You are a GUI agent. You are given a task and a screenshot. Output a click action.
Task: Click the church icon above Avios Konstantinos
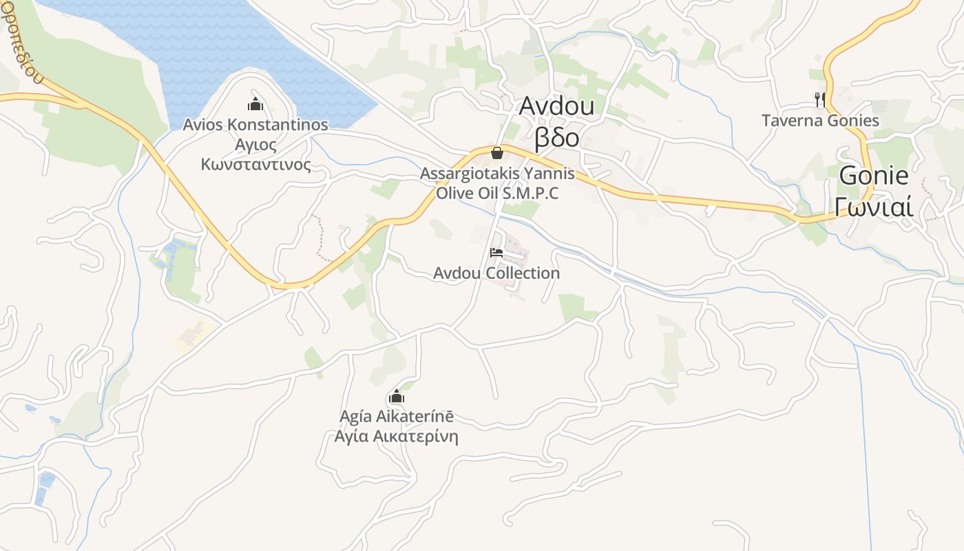(x=255, y=105)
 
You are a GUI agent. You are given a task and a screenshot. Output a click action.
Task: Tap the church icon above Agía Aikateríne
(x=396, y=397)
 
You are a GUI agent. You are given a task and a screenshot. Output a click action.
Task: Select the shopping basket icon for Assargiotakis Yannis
(x=497, y=152)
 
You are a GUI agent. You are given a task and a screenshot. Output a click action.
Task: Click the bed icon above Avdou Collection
(x=496, y=253)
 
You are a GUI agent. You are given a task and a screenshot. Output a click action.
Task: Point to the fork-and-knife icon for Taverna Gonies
(x=819, y=100)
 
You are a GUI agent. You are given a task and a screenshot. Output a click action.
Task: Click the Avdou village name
(x=556, y=107)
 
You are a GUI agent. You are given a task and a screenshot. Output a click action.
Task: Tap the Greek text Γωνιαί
(x=873, y=206)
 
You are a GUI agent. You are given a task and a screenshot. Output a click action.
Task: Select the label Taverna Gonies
(x=820, y=121)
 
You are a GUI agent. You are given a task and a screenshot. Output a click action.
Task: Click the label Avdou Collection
(x=496, y=273)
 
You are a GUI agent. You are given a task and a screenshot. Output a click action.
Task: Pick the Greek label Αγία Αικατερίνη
(x=396, y=437)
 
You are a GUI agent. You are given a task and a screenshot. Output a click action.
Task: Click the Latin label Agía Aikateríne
(x=397, y=417)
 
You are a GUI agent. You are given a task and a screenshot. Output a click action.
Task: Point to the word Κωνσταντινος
(x=255, y=165)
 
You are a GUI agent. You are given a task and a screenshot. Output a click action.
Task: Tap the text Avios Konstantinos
(x=255, y=125)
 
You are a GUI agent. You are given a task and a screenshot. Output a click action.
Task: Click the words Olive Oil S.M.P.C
(x=497, y=193)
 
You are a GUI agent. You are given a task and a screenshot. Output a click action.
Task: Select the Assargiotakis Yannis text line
(x=497, y=173)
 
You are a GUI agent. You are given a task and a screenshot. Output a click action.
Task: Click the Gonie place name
(x=873, y=176)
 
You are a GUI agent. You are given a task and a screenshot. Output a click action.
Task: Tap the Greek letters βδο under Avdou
(x=557, y=137)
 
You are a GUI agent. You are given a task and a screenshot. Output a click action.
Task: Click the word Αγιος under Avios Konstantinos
(x=255, y=145)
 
